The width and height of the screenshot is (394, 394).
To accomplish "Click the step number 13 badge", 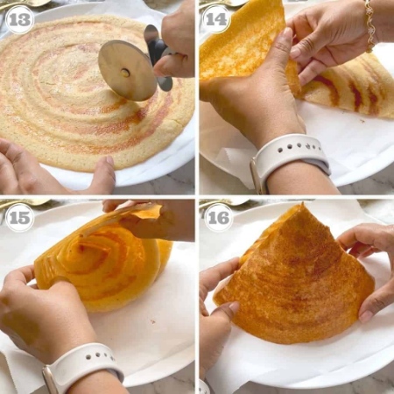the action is [x=19, y=20].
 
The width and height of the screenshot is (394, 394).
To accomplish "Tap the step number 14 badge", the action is [x=216, y=19].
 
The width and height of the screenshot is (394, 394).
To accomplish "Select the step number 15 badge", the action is [x=19, y=218].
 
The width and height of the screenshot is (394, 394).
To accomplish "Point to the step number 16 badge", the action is [x=219, y=217].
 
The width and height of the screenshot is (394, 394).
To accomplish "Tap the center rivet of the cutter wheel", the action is [x=125, y=73].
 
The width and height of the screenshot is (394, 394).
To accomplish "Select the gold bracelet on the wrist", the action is [x=370, y=25].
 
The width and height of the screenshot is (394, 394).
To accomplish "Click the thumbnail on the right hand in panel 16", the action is [x=365, y=316].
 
